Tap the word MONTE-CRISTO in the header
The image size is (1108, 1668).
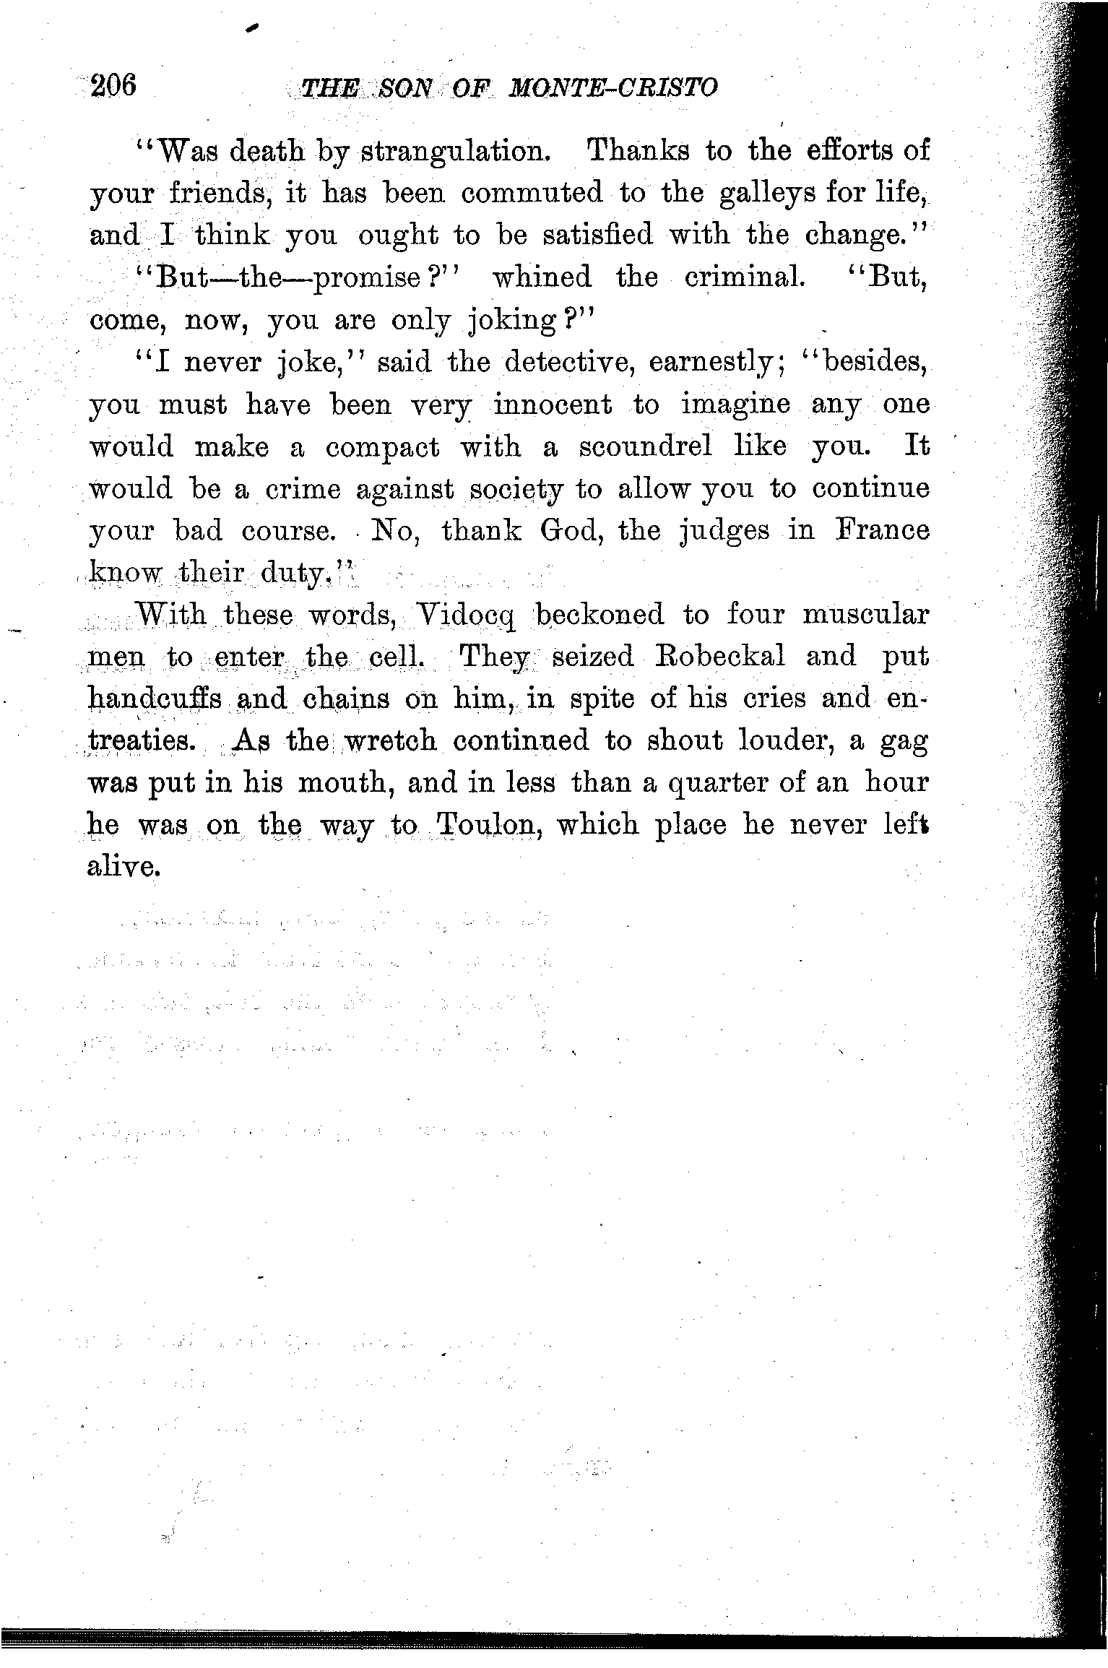(613, 88)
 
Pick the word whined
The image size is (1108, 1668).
(541, 277)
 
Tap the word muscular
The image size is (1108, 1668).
(865, 615)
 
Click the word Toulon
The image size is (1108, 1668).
(488, 825)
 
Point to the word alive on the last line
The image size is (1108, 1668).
(123, 867)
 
